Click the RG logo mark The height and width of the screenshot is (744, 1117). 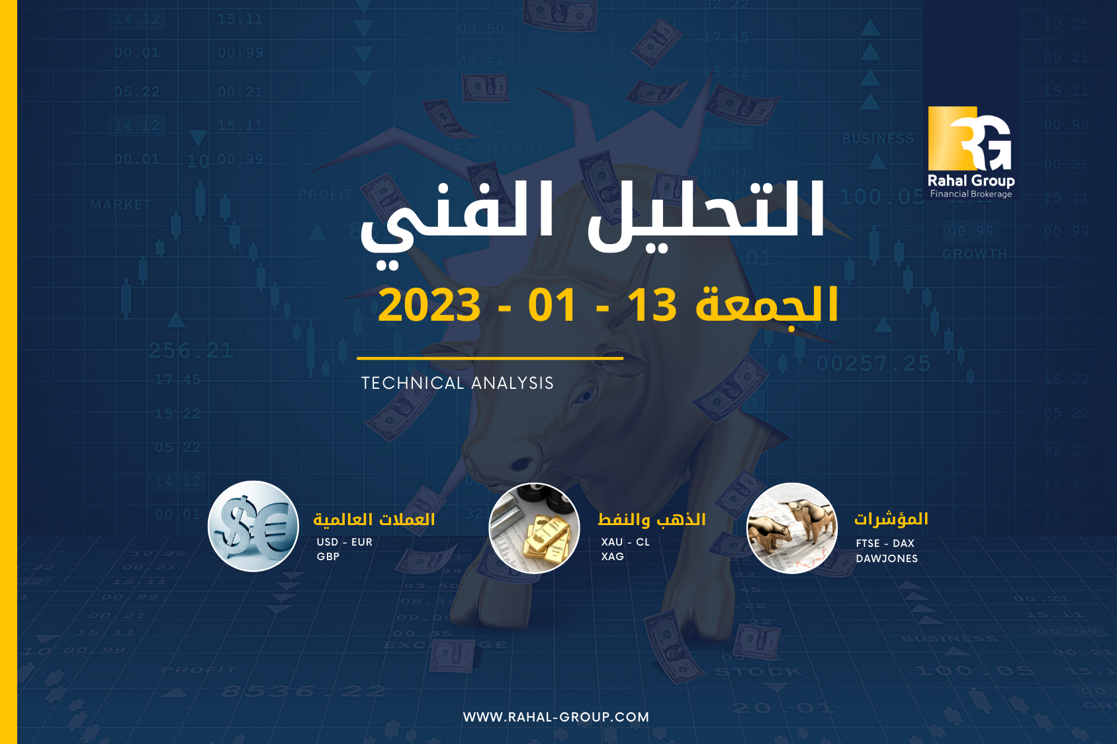pos(969,138)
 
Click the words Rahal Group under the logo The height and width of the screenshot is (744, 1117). pos(971,181)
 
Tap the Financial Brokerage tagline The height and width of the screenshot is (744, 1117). pos(971,194)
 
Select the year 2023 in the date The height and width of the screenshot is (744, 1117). pos(429,305)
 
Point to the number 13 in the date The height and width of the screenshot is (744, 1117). pos(652,305)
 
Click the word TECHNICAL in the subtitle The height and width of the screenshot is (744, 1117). pos(413,383)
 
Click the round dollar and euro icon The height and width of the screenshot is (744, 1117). pos(253,526)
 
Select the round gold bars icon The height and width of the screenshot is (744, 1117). pos(534,528)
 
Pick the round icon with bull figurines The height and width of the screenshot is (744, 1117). pos(792,528)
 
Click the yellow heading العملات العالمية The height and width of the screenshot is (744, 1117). pos(374,519)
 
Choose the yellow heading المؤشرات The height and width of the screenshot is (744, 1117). pos(891,519)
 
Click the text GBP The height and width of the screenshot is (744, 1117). pos(328,557)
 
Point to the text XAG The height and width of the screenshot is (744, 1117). pos(613,557)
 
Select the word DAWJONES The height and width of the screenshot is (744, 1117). pos(887,559)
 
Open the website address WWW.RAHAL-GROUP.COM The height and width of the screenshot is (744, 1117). pos(556,717)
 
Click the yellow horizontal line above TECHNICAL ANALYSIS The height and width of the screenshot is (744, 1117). pos(490,358)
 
